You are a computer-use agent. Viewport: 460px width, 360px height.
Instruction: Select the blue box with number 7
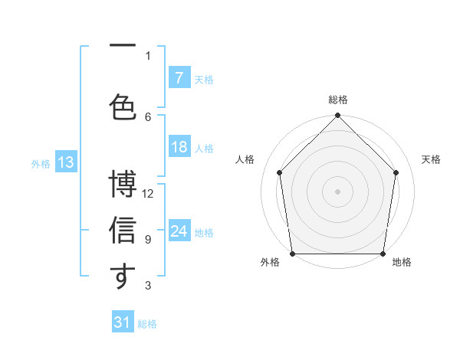[x=179, y=78]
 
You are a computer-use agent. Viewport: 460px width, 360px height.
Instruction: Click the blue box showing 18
[x=179, y=148]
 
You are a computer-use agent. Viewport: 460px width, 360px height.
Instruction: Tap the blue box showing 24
[x=179, y=232]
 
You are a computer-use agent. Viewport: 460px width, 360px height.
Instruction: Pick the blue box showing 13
[x=65, y=162]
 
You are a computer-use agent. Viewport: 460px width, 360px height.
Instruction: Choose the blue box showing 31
[x=123, y=322]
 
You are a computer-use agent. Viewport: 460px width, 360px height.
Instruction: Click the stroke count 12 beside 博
[x=149, y=194]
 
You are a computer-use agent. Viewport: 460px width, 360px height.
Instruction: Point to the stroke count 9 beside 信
[x=148, y=240]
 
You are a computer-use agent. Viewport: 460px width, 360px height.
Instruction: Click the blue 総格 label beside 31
[x=147, y=324]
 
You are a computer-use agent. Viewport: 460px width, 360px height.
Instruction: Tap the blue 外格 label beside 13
[x=41, y=163]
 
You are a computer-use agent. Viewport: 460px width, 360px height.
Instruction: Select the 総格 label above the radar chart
[x=338, y=100]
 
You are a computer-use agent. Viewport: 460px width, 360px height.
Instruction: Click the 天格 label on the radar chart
[x=432, y=159]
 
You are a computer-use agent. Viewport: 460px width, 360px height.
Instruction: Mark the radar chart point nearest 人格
[x=280, y=172]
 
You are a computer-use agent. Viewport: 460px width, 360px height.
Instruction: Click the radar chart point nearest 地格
[x=383, y=254]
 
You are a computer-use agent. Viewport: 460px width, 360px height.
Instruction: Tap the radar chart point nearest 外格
[x=292, y=254]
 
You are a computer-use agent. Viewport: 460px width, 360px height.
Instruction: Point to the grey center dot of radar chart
[x=338, y=191]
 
